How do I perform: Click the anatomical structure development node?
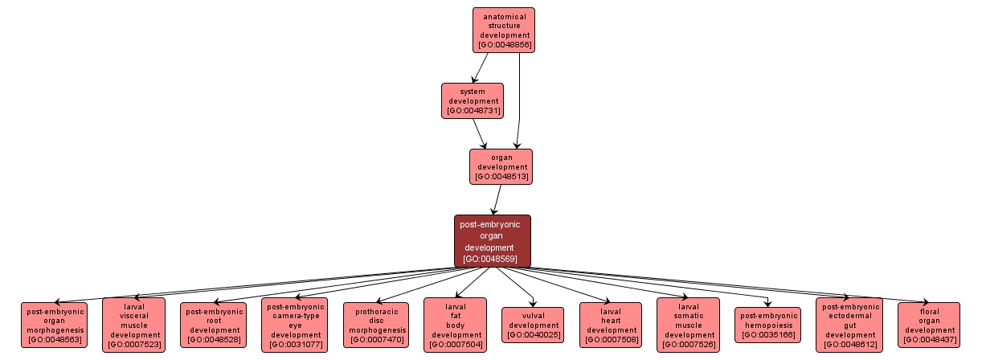point(504,30)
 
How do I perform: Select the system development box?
point(473,100)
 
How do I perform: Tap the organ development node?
point(501,166)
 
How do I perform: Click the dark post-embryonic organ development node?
point(493,241)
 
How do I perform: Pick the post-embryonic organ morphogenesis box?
point(55,325)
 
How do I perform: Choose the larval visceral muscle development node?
point(134,325)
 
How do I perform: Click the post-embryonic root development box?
point(214,325)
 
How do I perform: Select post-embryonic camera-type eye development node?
point(294,325)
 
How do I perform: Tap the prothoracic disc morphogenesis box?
point(375,325)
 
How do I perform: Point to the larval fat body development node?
point(456,325)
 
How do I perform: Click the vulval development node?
point(533,325)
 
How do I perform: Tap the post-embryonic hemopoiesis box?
point(768,325)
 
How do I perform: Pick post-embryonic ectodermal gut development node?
point(849,325)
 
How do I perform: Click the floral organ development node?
point(928,325)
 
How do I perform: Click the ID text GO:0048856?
point(504,45)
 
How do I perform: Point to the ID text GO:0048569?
point(492,259)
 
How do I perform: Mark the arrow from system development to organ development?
point(480,133)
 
